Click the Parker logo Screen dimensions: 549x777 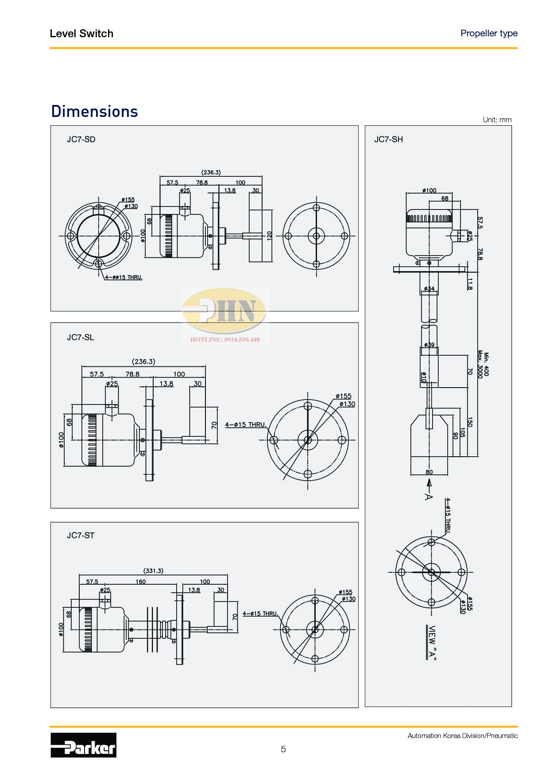(x=83, y=745)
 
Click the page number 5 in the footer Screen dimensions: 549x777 (x=283, y=749)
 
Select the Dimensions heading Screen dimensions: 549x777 (x=95, y=112)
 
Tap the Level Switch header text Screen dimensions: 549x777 (x=81, y=34)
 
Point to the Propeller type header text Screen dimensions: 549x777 (x=489, y=33)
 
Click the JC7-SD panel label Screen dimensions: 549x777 (x=81, y=140)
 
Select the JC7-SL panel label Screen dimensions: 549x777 (x=81, y=338)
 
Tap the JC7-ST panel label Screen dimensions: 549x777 (x=81, y=536)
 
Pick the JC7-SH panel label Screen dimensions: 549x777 (x=389, y=140)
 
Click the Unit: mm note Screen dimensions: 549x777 (x=497, y=120)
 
